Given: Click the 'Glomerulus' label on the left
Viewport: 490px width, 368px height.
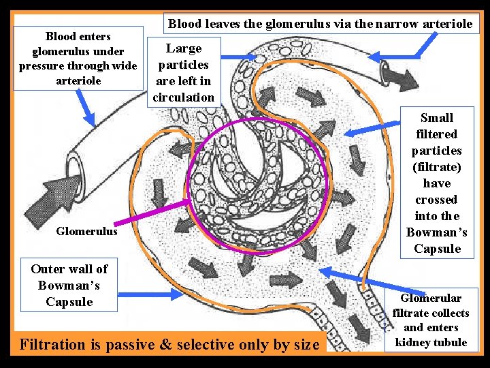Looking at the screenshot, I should pos(88,231).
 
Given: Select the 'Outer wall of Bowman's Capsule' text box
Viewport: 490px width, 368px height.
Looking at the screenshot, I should pos(69,285).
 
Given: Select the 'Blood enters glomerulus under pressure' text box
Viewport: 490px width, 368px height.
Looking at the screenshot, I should pos(78,58).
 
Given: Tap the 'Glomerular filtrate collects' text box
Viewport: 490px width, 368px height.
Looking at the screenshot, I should pos(431,320).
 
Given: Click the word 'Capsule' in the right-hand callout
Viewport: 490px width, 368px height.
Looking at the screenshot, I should pos(437,249).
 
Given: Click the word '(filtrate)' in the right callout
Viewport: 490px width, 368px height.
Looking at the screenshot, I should pos(437,167).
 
